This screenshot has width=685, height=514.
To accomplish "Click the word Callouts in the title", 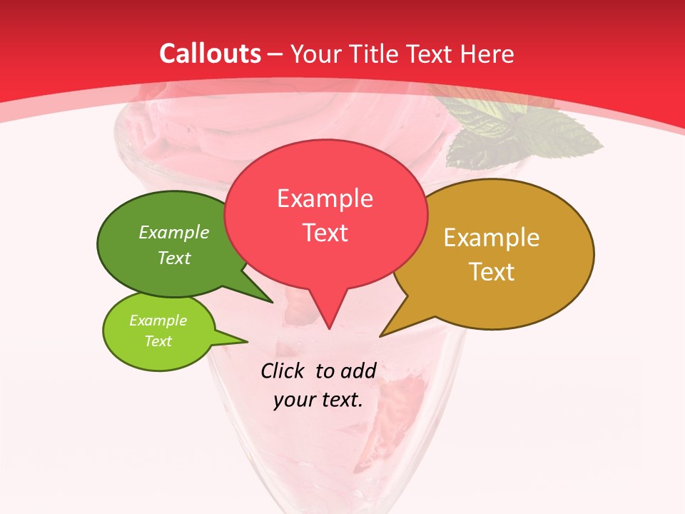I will [x=210, y=54].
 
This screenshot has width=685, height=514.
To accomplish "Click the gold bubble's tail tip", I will [x=380, y=336].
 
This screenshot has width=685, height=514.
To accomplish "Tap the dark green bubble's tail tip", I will [x=273, y=302].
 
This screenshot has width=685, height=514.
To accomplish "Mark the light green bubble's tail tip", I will [x=247, y=341].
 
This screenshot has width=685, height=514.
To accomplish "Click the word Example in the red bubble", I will [x=325, y=198].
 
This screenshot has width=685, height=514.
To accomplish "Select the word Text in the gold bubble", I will [x=492, y=271].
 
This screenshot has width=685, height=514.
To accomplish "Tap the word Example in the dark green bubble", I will [x=174, y=232].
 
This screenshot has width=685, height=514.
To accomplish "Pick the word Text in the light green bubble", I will [x=158, y=341].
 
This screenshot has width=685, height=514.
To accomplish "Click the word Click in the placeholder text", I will [x=283, y=371].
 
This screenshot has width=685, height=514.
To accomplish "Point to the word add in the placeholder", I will [x=358, y=371].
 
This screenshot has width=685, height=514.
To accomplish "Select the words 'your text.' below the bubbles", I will [x=318, y=400].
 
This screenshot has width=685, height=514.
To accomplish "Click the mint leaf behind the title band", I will [x=528, y=128].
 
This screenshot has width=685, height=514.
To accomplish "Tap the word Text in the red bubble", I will [x=325, y=233].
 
